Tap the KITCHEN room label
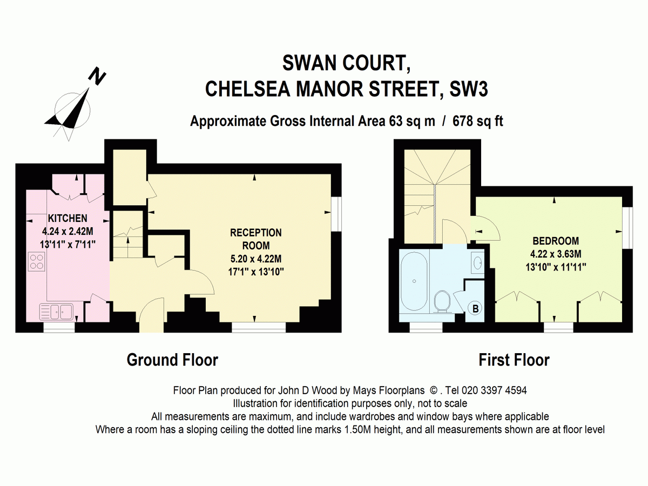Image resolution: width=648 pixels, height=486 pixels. point(67,219)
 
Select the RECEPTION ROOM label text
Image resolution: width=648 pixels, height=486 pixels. point(256,238)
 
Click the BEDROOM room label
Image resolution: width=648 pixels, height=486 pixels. point(556,241)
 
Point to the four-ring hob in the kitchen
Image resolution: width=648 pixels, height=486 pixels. point(37,262)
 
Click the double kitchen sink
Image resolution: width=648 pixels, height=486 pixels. point(57,311)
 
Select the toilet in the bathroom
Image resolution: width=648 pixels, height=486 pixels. point(442,301)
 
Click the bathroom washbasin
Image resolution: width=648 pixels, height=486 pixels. point(477,263)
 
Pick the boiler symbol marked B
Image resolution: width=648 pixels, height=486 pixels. point(476,309)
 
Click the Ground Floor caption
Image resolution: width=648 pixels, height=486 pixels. point(172,360)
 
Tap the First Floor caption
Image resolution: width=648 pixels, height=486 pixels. point(514,360)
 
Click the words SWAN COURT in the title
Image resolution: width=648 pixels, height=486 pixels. point(346,63)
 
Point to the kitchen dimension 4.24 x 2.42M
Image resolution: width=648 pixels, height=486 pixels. point(67,231)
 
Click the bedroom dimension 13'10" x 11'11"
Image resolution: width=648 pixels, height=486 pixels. point(556,266)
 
